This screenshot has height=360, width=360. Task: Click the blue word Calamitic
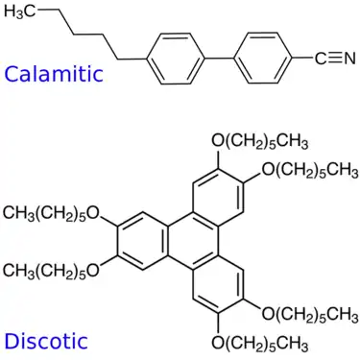coord(53,74)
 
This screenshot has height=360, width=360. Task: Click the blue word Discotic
coord(45,341)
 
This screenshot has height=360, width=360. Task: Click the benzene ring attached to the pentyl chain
coord(175,60)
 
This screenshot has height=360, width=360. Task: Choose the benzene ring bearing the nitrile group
coord(263,60)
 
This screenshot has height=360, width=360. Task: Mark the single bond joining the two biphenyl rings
coord(219,60)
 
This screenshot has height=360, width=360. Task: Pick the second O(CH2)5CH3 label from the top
coord(308,170)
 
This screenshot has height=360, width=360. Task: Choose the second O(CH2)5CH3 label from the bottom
coord(308,313)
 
